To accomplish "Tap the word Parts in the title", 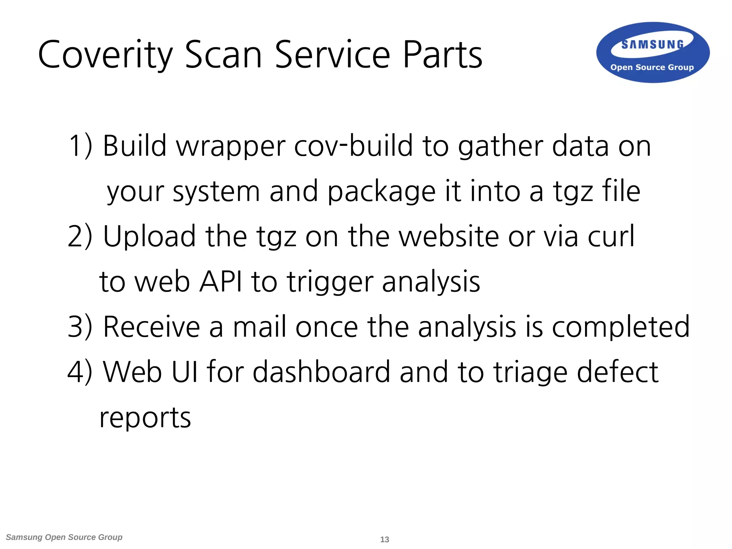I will tap(442, 55).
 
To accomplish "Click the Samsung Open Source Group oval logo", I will tap(653, 53).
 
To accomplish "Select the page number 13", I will tap(385, 539).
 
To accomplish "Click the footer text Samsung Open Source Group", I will tap(64, 537).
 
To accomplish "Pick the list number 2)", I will tap(80, 236).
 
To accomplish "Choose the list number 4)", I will tap(80, 372).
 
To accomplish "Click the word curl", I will tap(611, 236).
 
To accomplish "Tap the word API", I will tap(220, 282).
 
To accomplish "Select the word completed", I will tap(621, 327).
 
